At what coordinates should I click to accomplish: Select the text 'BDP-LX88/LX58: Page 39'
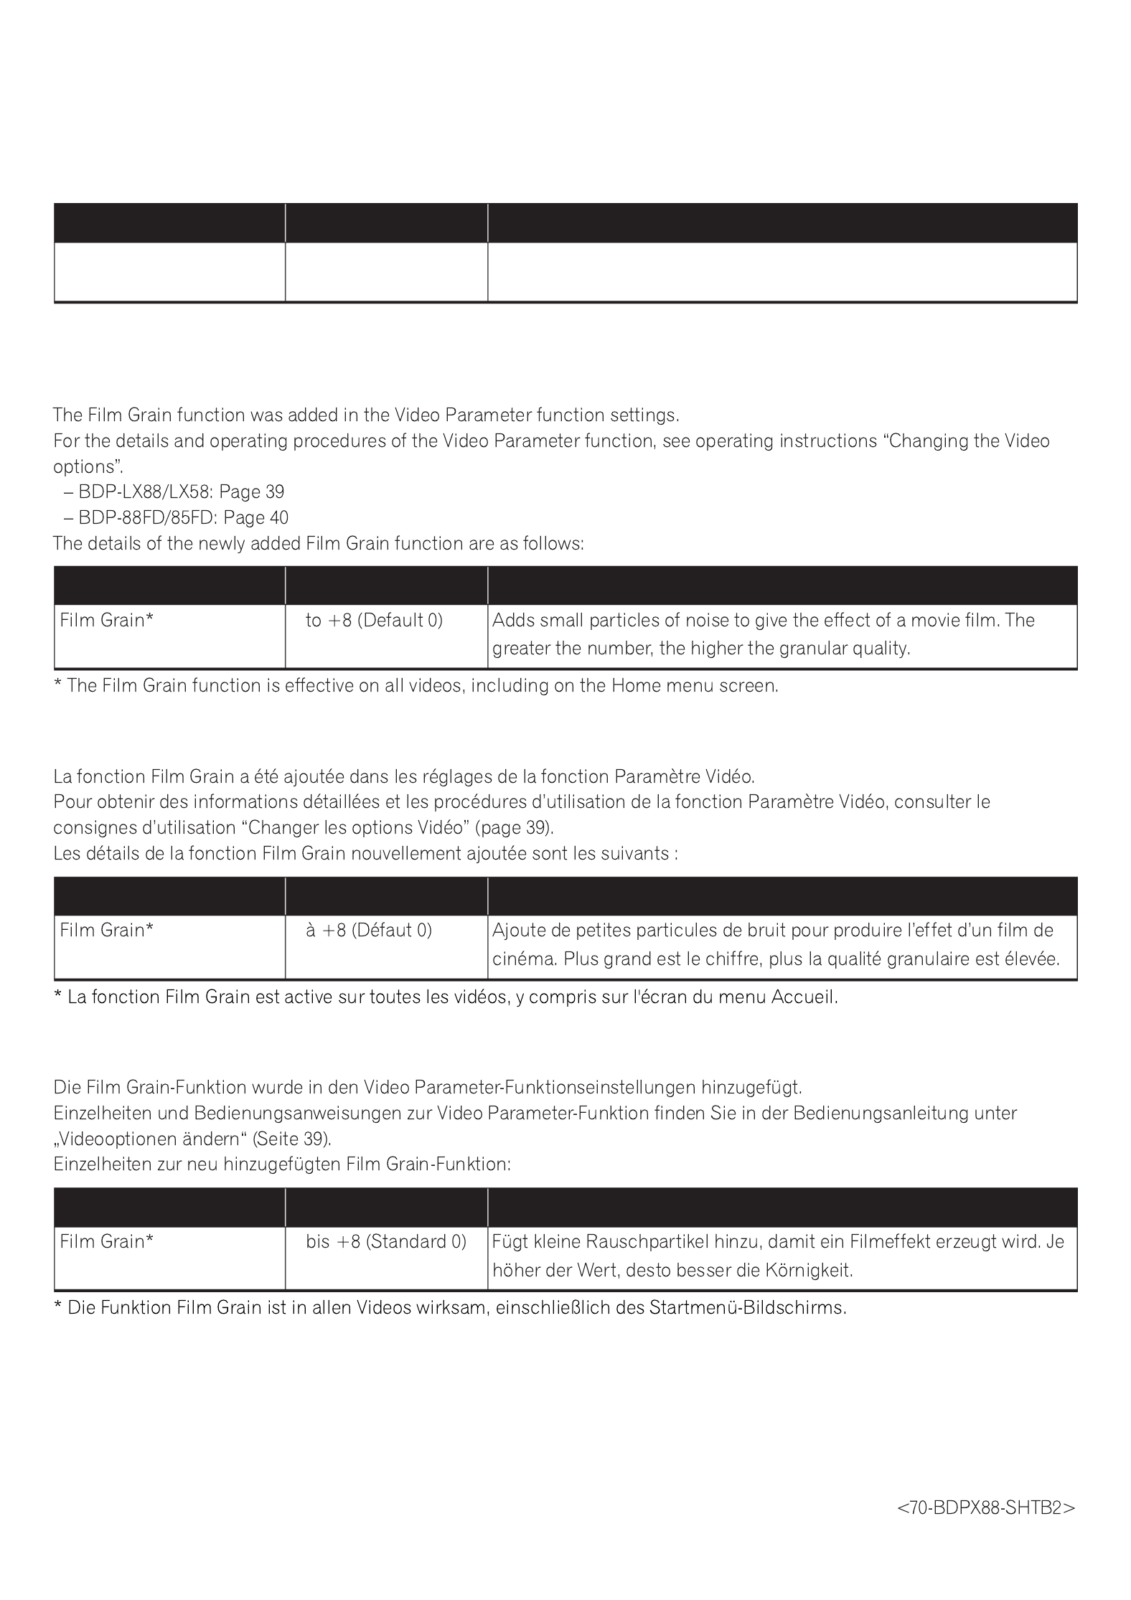click(181, 492)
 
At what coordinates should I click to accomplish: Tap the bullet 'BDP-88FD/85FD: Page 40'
click(183, 518)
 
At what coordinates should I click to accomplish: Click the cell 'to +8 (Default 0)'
click(374, 621)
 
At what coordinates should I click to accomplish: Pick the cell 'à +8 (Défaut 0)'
click(369, 931)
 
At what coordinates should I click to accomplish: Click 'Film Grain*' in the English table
click(107, 621)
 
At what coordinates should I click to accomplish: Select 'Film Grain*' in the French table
click(107, 931)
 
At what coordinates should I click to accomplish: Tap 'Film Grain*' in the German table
click(107, 1242)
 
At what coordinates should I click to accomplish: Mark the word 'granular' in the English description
click(812, 649)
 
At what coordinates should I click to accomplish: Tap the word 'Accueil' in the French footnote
click(804, 997)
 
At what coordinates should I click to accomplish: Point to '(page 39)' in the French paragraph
click(515, 828)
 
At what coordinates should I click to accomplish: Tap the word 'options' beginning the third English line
click(88, 467)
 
